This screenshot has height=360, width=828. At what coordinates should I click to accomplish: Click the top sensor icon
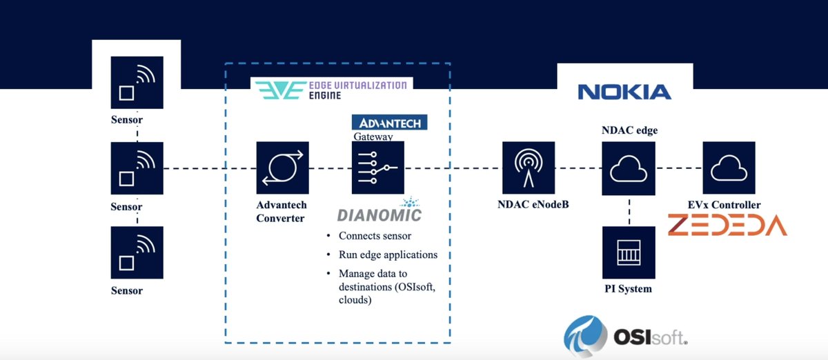[137, 82]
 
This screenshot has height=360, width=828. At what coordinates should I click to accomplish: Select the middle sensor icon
[137, 168]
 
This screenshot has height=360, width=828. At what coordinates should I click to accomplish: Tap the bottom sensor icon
[137, 252]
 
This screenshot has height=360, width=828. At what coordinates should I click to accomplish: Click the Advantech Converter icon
[282, 168]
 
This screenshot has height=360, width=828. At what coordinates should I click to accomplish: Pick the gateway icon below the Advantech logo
[377, 168]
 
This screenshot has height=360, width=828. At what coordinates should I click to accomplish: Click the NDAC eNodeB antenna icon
[529, 168]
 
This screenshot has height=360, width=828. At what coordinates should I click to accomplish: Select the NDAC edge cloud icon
[629, 168]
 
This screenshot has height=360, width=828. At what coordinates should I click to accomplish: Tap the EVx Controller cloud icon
[729, 168]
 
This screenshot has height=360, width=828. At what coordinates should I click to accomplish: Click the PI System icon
[629, 252]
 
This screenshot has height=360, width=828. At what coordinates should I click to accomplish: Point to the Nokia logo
[624, 92]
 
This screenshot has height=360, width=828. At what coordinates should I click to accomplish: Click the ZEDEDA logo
[727, 226]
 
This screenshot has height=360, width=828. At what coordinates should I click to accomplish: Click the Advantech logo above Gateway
[389, 123]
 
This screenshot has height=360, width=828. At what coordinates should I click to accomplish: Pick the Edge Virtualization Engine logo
[330, 90]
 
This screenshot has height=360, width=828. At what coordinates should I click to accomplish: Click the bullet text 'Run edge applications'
[388, 254]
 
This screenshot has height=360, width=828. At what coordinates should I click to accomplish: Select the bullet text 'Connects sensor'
[375, 236]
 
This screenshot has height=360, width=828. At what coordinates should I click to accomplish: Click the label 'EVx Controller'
[724, 205]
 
